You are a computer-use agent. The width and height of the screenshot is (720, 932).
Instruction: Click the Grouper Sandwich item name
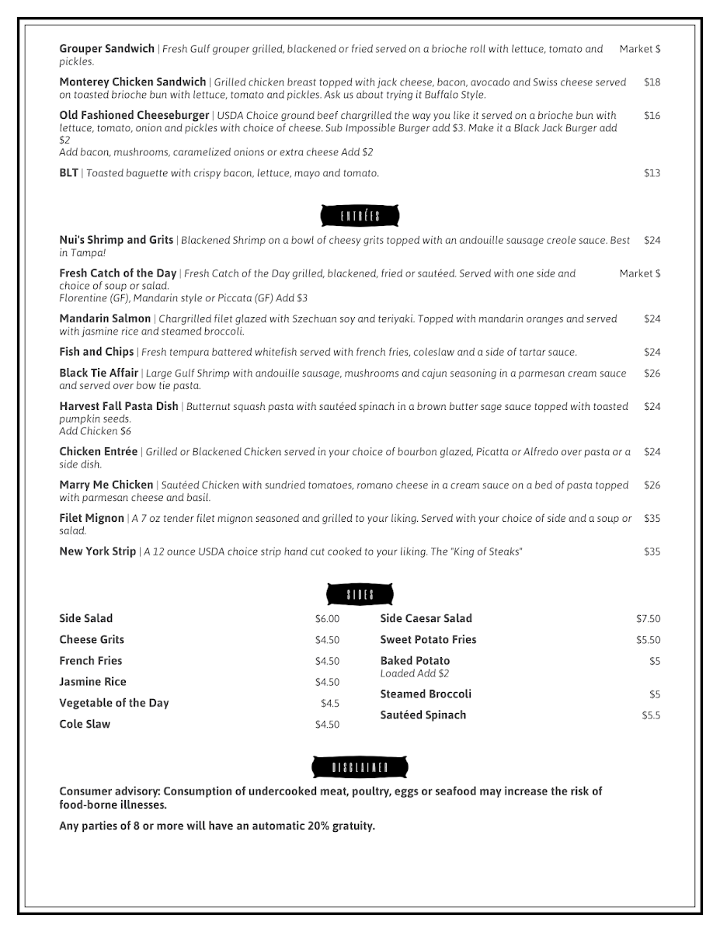[x=106, y=49]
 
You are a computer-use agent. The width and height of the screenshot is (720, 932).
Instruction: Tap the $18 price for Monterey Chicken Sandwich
[x=652, y=82]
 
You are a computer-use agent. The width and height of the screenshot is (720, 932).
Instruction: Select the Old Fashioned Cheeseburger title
[x=134, y=116]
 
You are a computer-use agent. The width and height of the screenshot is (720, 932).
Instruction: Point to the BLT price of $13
[x=652, y=173]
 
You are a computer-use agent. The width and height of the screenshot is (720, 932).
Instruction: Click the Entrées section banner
[x=360, y=216]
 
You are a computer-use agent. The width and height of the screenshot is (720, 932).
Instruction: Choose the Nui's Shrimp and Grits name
[x=116, y=240]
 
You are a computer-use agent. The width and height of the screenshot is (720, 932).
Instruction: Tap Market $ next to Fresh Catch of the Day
[x=639, y=273]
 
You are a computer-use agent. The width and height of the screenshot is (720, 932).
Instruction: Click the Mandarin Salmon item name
[x=105, y=318]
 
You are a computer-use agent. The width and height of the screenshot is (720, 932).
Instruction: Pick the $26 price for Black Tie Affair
[x=652, y=374]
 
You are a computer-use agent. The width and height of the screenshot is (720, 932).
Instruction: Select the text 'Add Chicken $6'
[x=96, y=431]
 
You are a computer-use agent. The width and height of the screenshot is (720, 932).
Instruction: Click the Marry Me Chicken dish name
[x=106, y=485]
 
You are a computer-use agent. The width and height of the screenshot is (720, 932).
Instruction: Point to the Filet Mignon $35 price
[x=652, y=519]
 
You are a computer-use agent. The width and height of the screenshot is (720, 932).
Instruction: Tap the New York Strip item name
[x=97, y=552]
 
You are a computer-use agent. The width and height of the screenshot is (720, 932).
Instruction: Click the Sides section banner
[x=360, y=595]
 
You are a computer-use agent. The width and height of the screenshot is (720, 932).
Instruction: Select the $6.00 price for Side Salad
[x=327, y=619]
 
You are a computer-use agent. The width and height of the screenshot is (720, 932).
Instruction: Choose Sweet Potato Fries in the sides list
[x=428, y=640]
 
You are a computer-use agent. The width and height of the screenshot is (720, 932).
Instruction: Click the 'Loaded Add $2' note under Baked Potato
[x=414, y=673]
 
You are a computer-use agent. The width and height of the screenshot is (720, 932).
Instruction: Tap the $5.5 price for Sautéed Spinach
[x=651, y=715]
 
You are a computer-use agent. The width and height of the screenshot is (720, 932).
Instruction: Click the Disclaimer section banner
[x=360, y=767]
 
